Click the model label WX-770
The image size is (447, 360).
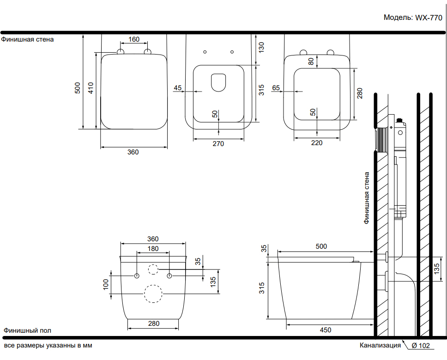tap(414, 18)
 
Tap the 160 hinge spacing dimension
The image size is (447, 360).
tap(133, 39)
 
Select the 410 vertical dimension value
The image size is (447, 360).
tap(91, 88)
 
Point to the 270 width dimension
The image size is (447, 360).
tap(218, 144)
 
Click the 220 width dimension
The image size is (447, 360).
tap(316, 143)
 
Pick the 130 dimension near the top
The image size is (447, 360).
tap(261, 47)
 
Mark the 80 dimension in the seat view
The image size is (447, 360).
tap(311, 61)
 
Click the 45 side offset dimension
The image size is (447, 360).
tap(178, 87)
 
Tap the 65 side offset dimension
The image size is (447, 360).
tap(276, 87)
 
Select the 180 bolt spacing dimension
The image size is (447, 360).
tap(153, 249)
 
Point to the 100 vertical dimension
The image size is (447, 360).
tap(106, 284)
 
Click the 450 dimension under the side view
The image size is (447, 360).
tap(325, 330)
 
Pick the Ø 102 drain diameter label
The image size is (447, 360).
tap(420, 346)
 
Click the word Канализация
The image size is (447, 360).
tap(381, 345)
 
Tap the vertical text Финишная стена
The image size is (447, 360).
tap(367, 198)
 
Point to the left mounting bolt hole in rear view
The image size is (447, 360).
tap(137, 276)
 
